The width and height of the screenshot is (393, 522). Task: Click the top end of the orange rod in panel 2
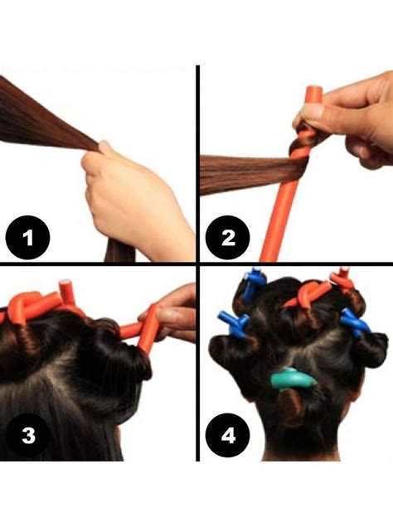click(313, 93)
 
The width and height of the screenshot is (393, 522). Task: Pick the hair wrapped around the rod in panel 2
click(298, 157)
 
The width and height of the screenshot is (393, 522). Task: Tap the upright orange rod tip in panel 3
click(64, 290)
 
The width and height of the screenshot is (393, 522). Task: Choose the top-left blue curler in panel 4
click(254, 286)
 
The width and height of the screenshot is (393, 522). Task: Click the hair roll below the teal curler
click(291, 408)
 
